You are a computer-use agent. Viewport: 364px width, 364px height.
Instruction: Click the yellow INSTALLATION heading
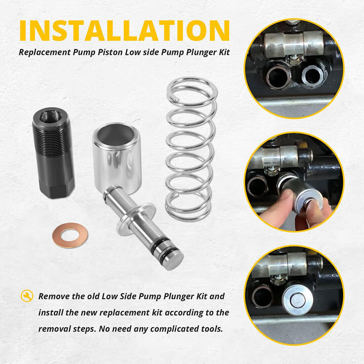(124, 30)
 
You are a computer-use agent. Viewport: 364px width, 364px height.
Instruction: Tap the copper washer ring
(70, 235)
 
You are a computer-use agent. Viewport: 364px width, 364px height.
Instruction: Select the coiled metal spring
(191, 149)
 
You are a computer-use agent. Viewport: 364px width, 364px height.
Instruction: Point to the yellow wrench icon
(27, 296)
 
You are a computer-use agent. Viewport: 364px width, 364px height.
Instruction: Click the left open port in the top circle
(278, 77)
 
